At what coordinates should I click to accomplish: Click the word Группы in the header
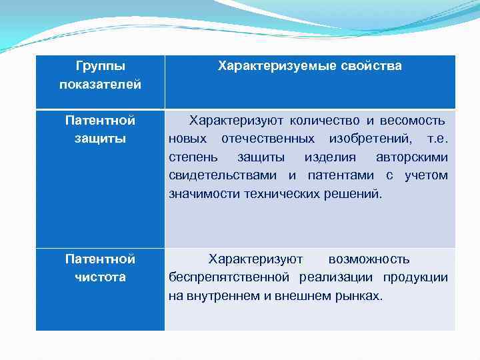click(x=100, y=66)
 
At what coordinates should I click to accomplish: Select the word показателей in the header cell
click(x=100, y=84)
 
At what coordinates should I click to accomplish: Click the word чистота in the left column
click(x=100, y=277)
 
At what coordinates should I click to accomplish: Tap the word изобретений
click(x=370, y=139)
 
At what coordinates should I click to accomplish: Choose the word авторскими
click(x=411, y=157)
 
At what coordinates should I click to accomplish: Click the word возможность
click(x=369, y=259)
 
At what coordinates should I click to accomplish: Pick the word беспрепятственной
click(x=229, y=277)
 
